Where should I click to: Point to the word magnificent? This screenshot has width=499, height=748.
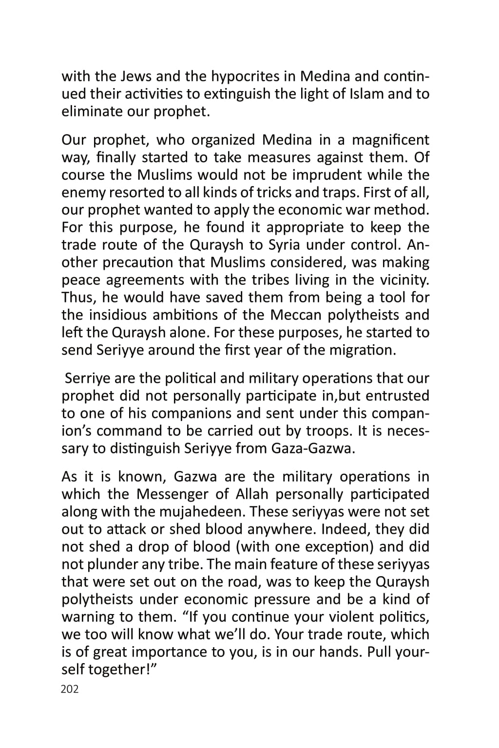click(390, 140)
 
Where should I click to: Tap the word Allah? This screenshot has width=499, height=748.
click(252, 494)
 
